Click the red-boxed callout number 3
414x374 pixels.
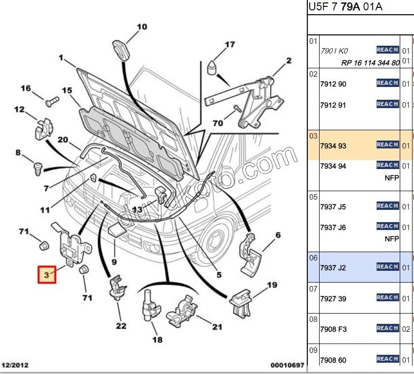tap(48, 275)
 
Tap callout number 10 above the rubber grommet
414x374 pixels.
tap(142, 27)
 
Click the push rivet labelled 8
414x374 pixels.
tap(37, 168)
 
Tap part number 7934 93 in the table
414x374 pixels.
tap(333, 146)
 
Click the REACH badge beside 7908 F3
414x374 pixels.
tap(387, 328)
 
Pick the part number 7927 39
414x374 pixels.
tap(333, 298)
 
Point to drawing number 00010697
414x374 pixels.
tap(287, 365)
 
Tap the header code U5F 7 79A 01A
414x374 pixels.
tap(346, 6)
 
